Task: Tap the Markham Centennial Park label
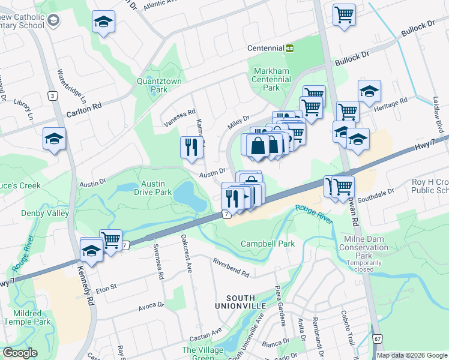pyautogui.click(x=271, y=79)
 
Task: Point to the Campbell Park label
pyautogui.click(x=268, y=244)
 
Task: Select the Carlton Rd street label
pyautogui.click(x=83, y=105)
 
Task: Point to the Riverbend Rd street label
pyautogui.click(x=231, y=268)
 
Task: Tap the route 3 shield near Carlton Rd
pyautogui.click(x=53, y=96)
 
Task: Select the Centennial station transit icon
pyautogui.click(x=289, y=48)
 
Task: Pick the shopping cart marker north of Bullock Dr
pyautogui.click(x=344, y=14)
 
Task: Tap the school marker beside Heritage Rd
pyautogui.click(x=369, y=91)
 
